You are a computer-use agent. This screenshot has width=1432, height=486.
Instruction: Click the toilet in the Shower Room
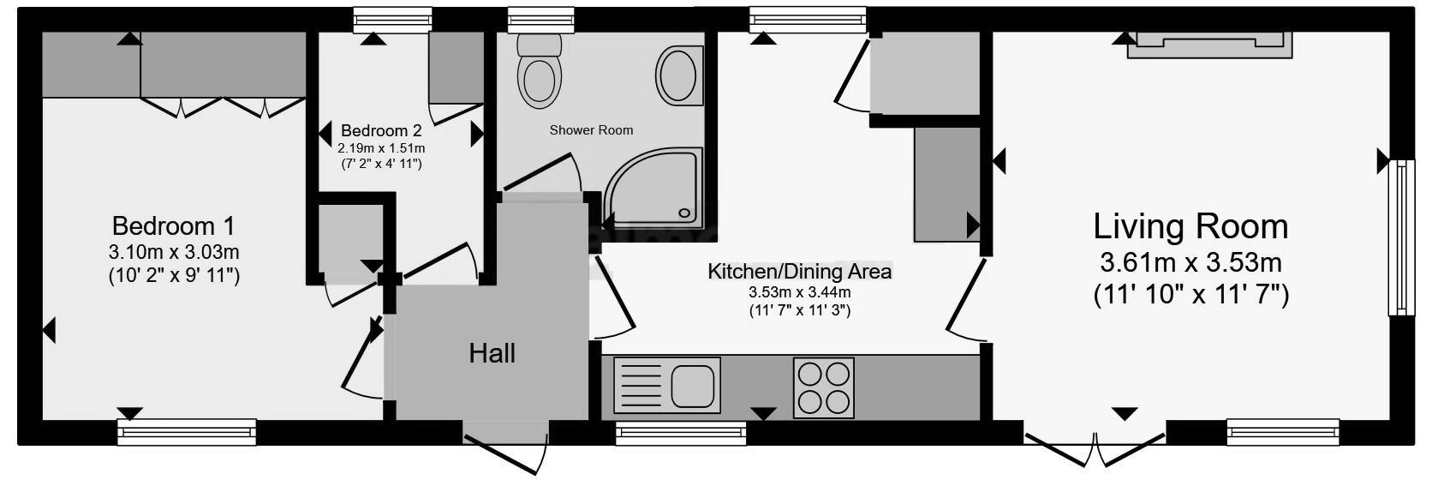tap(540, 73)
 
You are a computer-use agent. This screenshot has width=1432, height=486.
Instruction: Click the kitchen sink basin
tap(692, 386)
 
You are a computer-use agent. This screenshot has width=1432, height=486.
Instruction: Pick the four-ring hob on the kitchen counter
tap(823, 387)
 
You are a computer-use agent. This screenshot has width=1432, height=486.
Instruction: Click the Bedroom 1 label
tap(173, 226)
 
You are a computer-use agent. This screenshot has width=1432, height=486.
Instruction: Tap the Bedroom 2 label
tap(381, 131)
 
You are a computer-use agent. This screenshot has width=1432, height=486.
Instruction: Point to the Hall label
tap(492, 353)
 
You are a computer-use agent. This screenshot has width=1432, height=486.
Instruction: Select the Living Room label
tap(1190, 227)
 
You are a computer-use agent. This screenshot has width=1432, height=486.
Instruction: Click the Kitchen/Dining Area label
tap(799, 272)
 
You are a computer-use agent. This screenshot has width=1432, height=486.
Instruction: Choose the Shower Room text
tap(591, 130)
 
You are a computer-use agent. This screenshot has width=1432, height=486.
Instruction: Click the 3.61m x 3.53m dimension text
tap(1190, 262)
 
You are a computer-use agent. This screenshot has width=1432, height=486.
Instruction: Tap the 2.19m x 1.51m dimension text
tap(380, 147)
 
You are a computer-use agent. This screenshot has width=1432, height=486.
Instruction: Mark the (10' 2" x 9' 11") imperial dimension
tap(173, 276)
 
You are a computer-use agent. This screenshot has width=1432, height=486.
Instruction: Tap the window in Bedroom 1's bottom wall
tap(187, 431)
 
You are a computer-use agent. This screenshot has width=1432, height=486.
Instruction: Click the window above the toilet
tap(540, 19)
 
